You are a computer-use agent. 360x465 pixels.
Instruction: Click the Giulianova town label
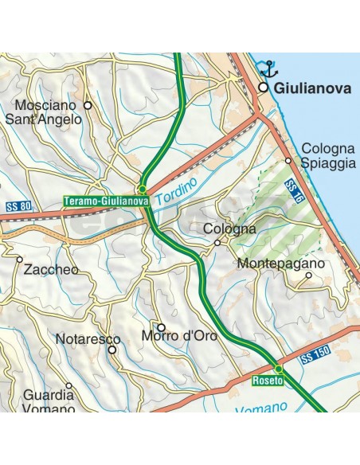coord(312,89)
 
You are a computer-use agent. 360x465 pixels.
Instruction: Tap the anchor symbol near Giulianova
coord(269,68)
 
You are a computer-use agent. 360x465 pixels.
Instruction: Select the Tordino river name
coord(175,192)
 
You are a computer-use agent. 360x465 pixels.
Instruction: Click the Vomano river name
coord(263,409)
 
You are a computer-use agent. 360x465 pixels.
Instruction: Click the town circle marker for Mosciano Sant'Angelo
coord(88,104)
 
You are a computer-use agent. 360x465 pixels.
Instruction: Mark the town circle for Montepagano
coord(308,277)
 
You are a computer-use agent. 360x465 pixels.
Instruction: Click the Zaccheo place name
coord(52,269)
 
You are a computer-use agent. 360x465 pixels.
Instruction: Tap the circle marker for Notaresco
coord(112,349)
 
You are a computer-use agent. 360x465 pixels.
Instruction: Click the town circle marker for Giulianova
coord(261,88)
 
